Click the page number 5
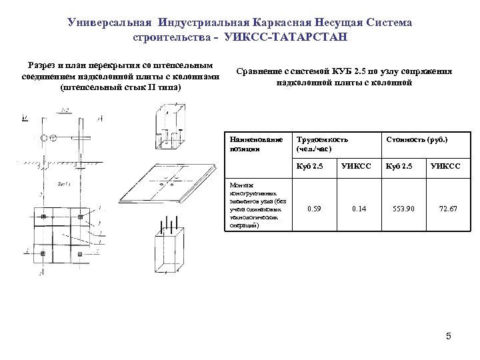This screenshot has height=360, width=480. pos(449,336)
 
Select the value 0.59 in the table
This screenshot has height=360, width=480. pos(314,209)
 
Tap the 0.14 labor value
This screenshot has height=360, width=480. pos(359,209)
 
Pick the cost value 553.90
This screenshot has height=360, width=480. pos(403,209)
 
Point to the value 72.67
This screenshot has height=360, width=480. pos(448,209)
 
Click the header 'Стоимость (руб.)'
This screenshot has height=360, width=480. pos(417,139)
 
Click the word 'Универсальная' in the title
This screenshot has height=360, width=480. pos(110,23)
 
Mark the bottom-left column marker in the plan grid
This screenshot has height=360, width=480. pos(42,254)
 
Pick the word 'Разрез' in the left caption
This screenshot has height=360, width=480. pos(42,65)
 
